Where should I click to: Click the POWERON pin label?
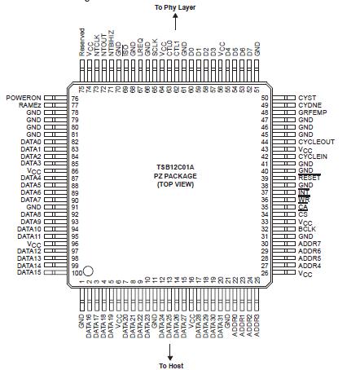(x=24, y=98)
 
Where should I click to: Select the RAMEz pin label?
(x=28, y=105)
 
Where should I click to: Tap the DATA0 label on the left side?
(x=29, y=142)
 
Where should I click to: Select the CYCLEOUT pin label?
(x=316, y=142)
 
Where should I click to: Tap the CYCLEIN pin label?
(x=314, y=156)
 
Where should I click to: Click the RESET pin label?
(x=310, y=178)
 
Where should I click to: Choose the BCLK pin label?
(x=308, y=229)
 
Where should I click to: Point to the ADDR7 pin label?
(x=310, y=243)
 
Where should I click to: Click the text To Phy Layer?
(x=170, y=7)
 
